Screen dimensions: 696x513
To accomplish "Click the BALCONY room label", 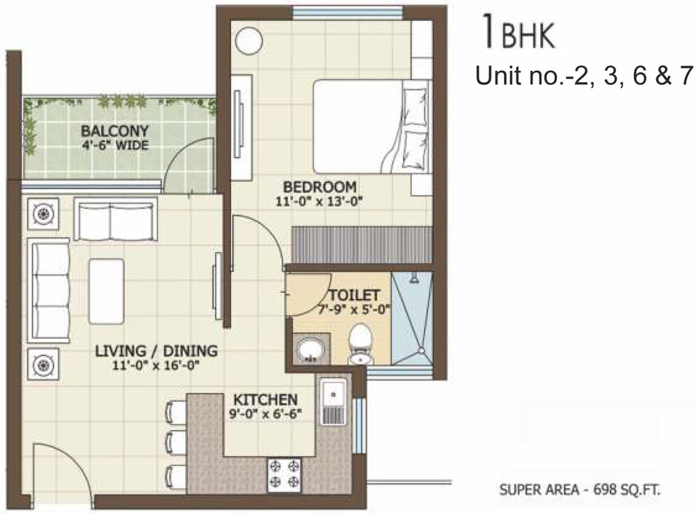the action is (115, 131).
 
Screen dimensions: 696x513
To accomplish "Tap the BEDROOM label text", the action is (319, 187).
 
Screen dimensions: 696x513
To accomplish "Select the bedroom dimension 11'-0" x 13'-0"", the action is (319, 202).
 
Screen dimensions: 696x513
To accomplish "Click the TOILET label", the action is (354, 295).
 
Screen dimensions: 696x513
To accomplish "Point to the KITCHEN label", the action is (265, 400).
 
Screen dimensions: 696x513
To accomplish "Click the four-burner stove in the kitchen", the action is (284, 475).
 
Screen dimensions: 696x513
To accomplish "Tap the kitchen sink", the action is (333, 401).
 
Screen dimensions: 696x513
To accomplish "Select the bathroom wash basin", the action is (310, 349).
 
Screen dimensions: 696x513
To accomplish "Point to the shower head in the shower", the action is (414, 278).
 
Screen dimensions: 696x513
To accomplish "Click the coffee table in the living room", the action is (106, 292).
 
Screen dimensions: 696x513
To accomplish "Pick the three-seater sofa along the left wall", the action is (49, 291).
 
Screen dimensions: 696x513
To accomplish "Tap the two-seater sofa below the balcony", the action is (116, 219).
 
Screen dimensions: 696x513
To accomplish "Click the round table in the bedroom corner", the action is (248, 41).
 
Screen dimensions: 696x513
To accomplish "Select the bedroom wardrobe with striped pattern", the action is (361, 244).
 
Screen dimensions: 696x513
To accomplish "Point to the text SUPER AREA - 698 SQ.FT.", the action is (580, 490).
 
